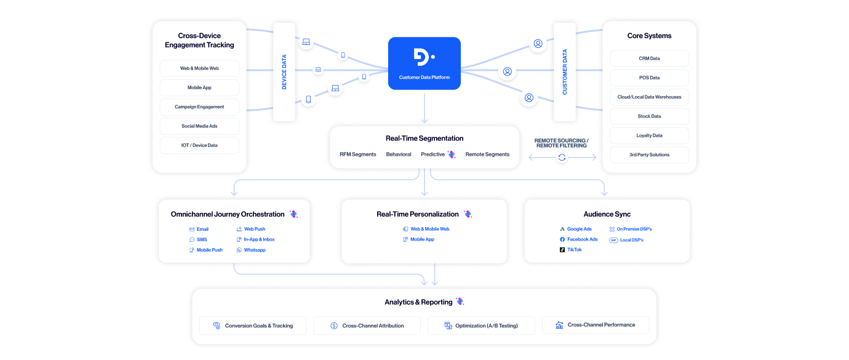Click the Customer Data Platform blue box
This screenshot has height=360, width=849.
[x=424, y=63]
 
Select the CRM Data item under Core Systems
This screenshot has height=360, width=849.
[x=649, y=58]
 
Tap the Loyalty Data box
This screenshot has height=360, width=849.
[x=649, y=135]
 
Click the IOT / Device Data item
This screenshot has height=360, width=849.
[x=199, y=145]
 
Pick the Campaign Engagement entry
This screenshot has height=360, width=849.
[x=199, y=106]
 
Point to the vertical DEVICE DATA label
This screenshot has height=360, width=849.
[x=284, y=72]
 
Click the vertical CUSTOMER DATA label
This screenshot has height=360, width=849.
[x=565, y=72]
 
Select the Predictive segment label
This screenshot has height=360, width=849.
[x=432, y=154]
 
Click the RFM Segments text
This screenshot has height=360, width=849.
[x=357, y=154]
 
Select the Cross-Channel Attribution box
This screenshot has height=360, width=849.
[x=367, y=326]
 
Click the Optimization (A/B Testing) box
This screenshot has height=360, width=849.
[x=481, y=326]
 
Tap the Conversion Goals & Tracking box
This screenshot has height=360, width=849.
[x=253, y=326]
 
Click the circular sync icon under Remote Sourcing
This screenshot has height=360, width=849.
[x=562, y=158]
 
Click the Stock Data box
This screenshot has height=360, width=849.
[x=649, y=116]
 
